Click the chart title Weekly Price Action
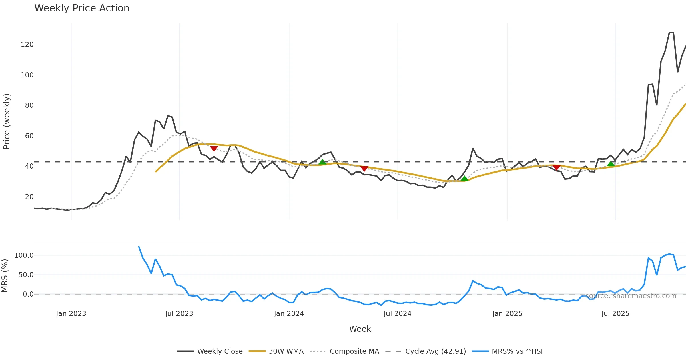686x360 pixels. point(82,8)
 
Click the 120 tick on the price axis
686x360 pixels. point(27,45)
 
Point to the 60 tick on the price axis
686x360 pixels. point(29,136)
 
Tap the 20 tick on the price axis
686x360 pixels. point(29,197)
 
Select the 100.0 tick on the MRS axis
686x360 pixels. point(24,255)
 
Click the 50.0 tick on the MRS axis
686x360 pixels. point(26,275)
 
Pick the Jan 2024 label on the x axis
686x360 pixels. point(289,314)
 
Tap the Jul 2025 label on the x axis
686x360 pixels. point(615,314)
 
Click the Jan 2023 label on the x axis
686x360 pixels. point(71,314)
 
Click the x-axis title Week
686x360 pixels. point(360,329)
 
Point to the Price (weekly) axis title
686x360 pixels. point(7,121)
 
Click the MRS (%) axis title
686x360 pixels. point(5,276)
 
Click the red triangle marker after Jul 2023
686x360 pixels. point(214,149)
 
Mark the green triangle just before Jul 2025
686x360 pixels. point(611,164)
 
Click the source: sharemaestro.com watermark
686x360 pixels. point(631,296)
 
